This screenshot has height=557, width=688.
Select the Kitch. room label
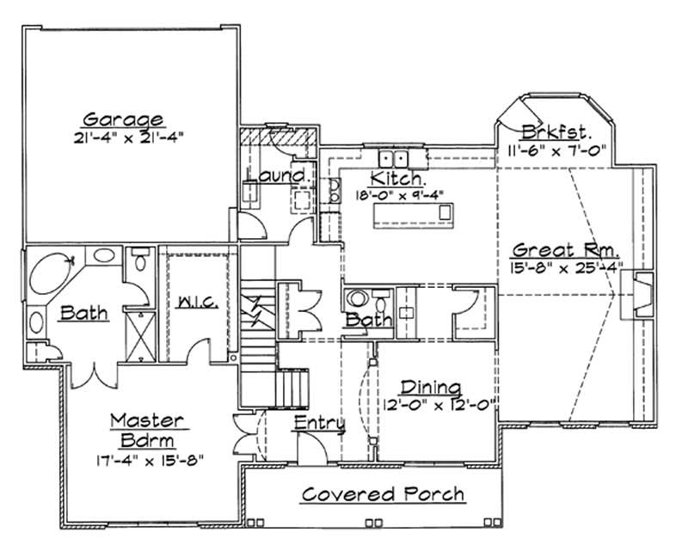click(396, 178)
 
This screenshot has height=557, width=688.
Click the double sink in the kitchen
click(395, 158)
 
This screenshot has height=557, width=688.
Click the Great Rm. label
click(566, 250)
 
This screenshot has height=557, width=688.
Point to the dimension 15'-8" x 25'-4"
click(566, 267)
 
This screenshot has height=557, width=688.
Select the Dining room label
click(431, 388)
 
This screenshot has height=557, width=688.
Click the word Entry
click(319, 423)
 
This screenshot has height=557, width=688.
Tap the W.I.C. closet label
click(197, 303)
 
